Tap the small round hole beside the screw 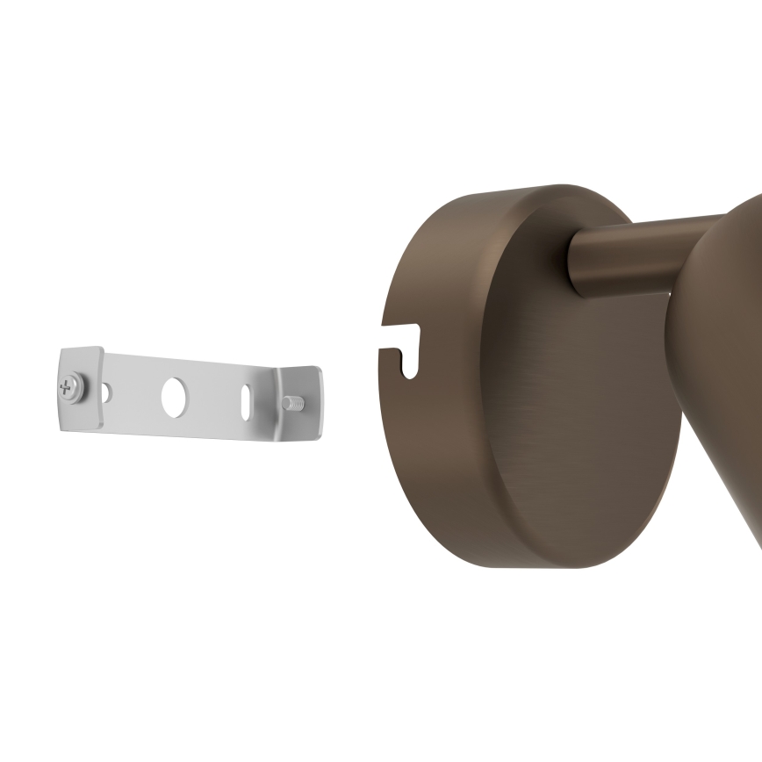point(106,392)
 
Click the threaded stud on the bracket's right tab point(292,403)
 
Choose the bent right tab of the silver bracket point(299,402)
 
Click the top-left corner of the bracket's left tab point(62,350)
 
